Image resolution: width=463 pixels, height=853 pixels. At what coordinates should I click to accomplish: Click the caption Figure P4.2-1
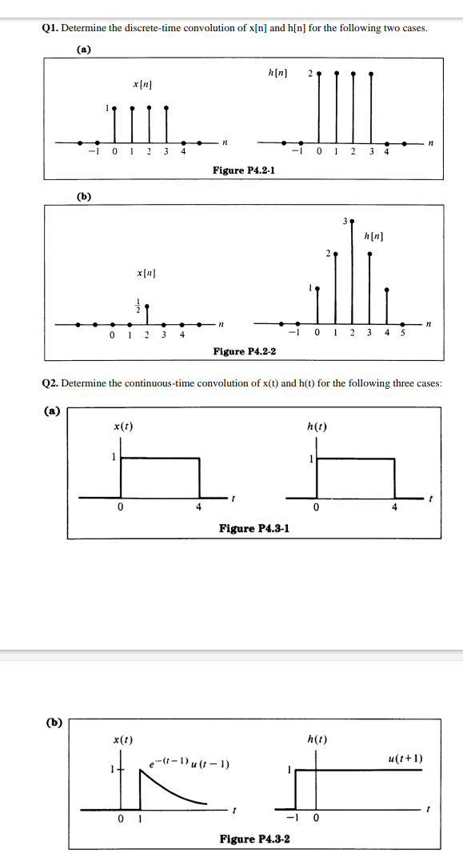(x=243, y=170)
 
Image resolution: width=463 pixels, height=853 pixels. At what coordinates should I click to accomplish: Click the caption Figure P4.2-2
(x=243, y=351)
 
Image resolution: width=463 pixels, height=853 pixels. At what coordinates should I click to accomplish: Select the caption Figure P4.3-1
(x=253, y=528)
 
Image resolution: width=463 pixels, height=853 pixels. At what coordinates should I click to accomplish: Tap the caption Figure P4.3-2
(x=254, y=839)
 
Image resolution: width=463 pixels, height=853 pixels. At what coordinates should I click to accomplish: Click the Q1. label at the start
(x=50, y=28)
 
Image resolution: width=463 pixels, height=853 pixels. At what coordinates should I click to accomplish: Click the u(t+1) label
(x=405, y=758)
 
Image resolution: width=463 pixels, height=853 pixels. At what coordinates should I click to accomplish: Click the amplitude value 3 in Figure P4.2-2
(x=344, y=218)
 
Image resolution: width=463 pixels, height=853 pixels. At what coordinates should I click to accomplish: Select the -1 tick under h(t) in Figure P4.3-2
(x=295, y=819)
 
